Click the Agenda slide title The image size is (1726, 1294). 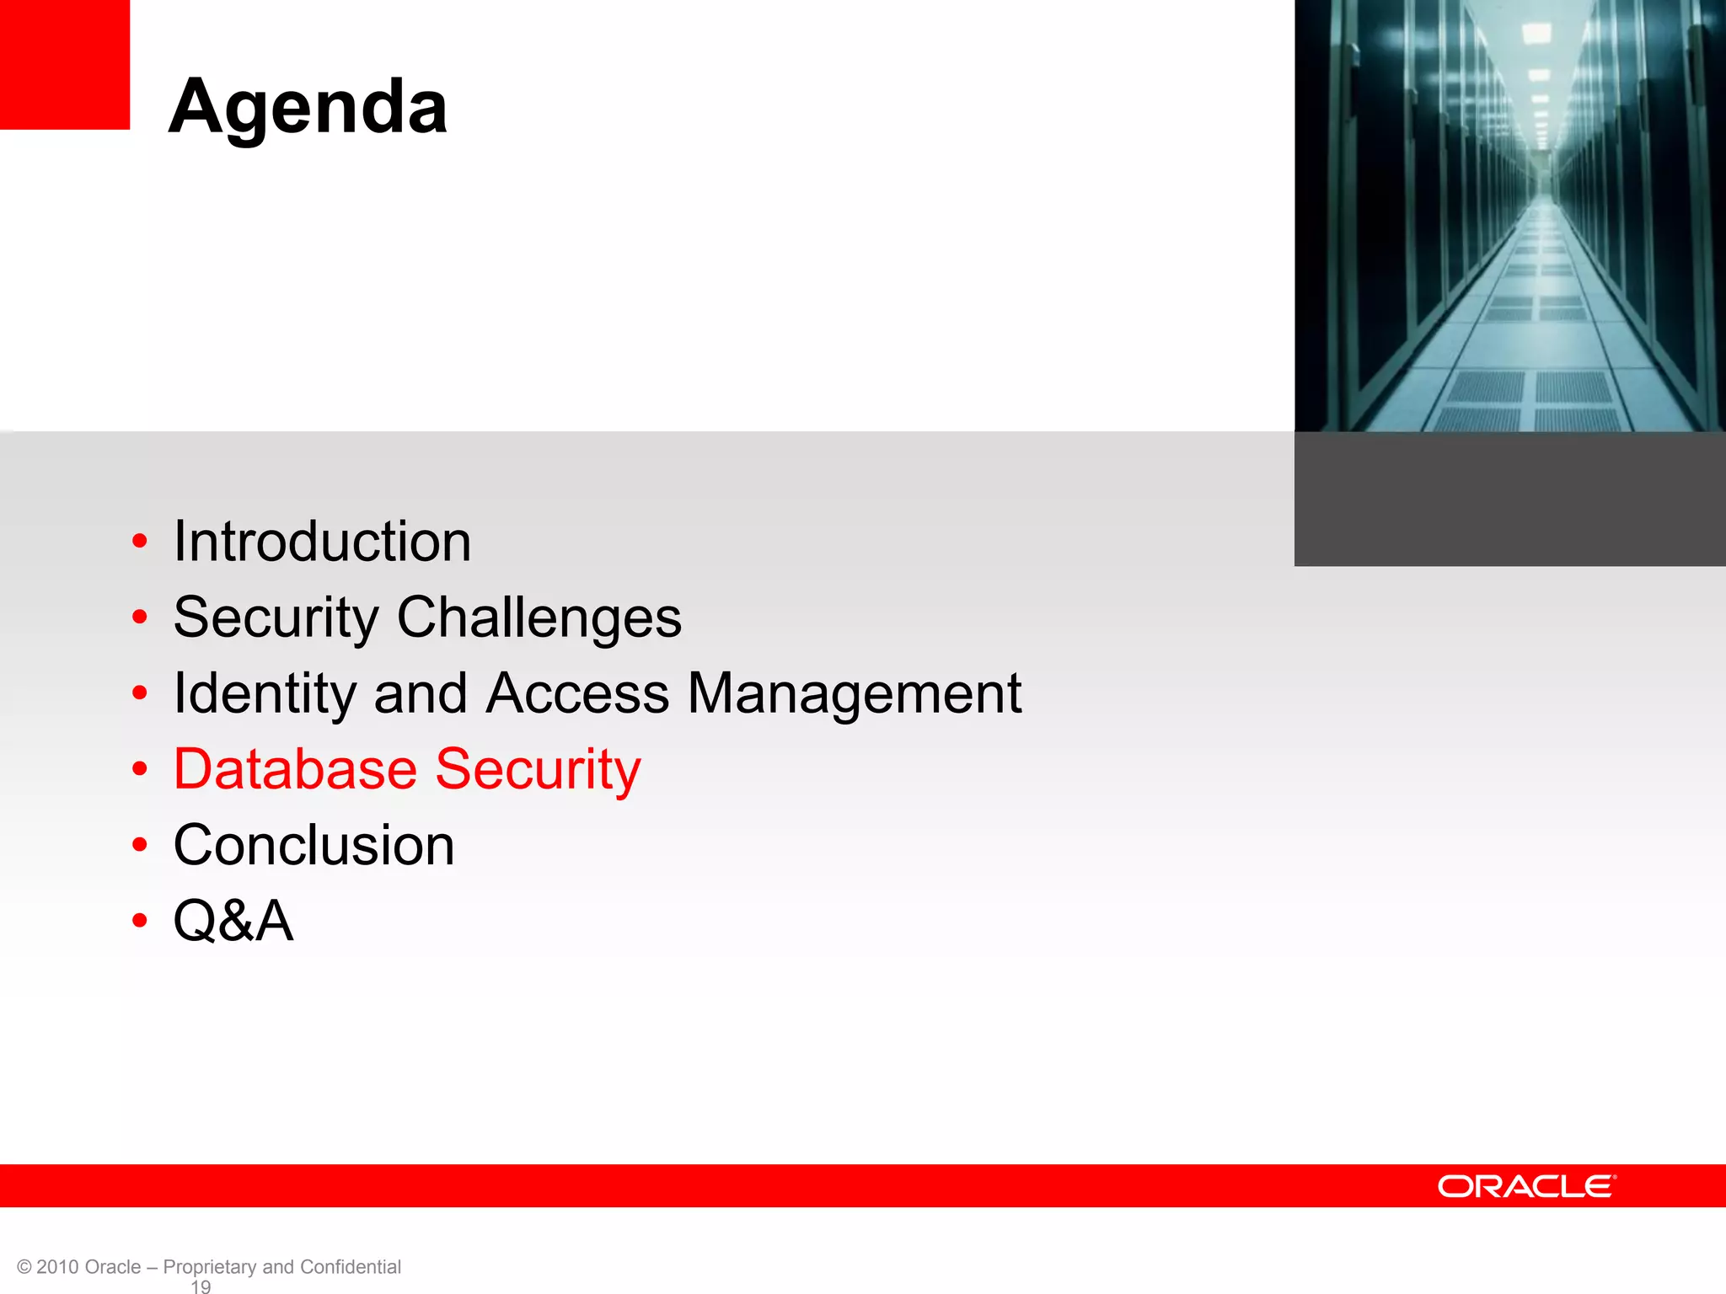coord(308,107)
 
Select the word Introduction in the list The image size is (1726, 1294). coord(322,541)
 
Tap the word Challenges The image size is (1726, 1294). coord(539,618)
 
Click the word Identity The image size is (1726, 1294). coord(264,694)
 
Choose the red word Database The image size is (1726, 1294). coord(295,769)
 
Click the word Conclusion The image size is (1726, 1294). coord(314,845)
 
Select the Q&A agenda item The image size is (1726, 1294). coord(233,920)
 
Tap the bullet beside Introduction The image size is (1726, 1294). coord(140,541)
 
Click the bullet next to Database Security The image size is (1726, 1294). coord(140,769)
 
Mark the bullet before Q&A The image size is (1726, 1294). coord(140,920)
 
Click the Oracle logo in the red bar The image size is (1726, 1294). coord(1526,1186)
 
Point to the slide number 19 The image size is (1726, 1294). coord(201,1286)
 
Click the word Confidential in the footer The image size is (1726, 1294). coord(350,1267)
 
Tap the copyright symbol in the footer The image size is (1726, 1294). coord(24,1267)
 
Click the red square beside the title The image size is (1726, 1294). coord(65,64)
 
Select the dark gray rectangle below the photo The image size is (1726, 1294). coord(1509,499)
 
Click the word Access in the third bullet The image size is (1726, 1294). coord(577,693)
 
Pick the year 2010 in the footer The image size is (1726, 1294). coord(58,1267)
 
